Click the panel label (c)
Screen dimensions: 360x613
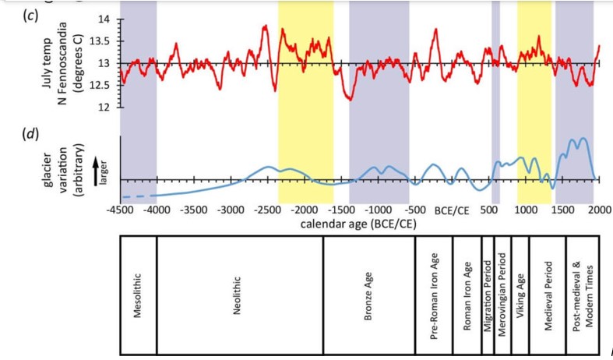coord(32,16)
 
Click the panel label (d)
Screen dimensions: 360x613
coord(32,133)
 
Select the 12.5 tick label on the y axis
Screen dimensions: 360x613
coord(100,85)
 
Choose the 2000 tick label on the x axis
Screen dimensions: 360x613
coord(599,210)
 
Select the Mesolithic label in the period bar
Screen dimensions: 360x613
coord(138,295)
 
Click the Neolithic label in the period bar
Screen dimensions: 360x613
coord(239,295)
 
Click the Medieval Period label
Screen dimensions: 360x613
coord(548,295)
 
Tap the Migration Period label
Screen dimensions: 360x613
coord(487,295)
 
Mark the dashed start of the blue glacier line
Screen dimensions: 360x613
coord(132,196)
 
